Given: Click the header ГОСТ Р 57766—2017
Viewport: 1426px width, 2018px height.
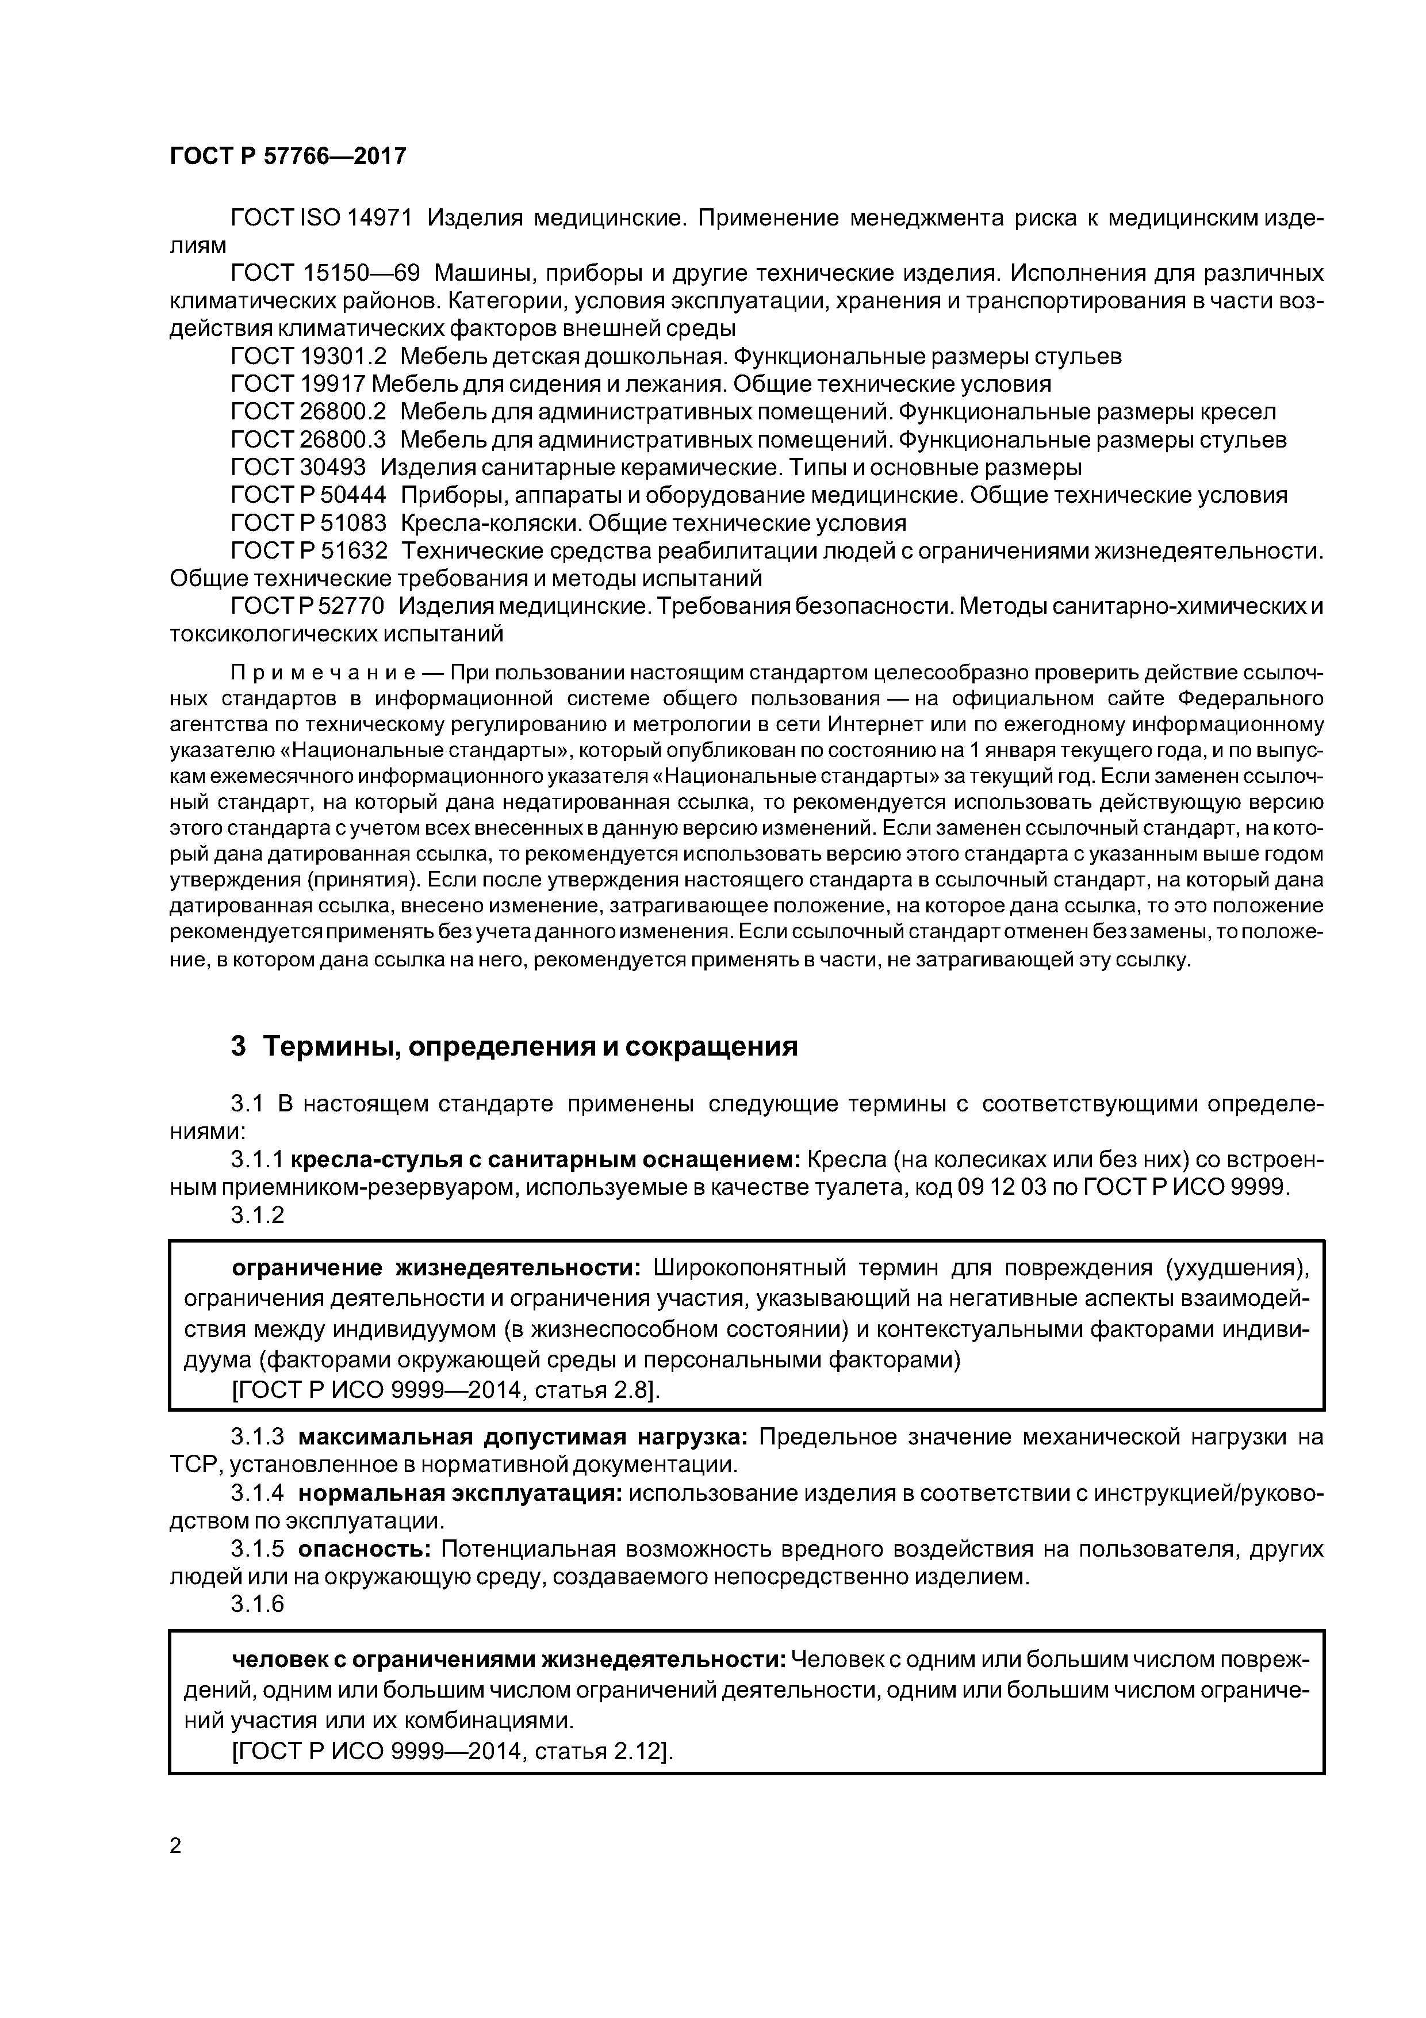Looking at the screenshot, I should tap(287, 156).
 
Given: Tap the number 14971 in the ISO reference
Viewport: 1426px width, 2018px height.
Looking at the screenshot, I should tap(376, 218).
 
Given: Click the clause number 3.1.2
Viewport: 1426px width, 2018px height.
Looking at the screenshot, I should tap(258, 1215).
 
